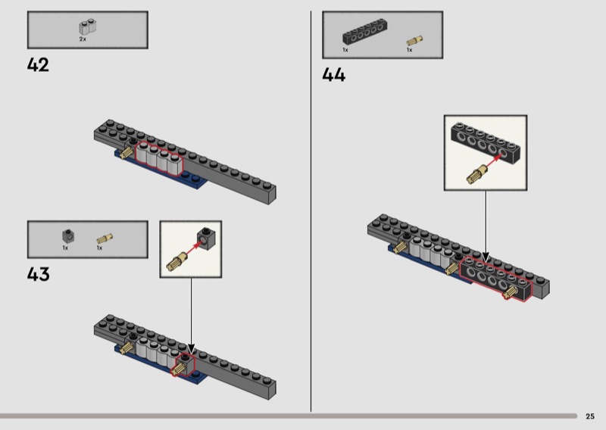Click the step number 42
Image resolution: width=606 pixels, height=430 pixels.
click(38, 65)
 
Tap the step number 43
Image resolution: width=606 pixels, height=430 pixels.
click(39, 274)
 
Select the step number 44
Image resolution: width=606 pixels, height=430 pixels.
click(333, 74)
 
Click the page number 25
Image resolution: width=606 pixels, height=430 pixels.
click(590, 416)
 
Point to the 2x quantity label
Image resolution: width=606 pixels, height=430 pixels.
click(83, 39)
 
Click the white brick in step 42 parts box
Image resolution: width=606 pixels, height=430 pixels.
click(88, 26)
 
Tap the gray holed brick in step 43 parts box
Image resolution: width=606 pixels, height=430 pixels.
click(68, 235)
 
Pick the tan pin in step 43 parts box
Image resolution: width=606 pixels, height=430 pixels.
click(105, 238)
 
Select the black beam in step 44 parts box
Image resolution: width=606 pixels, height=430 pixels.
click(365, 31)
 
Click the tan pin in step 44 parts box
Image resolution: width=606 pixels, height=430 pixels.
click(414, 41)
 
